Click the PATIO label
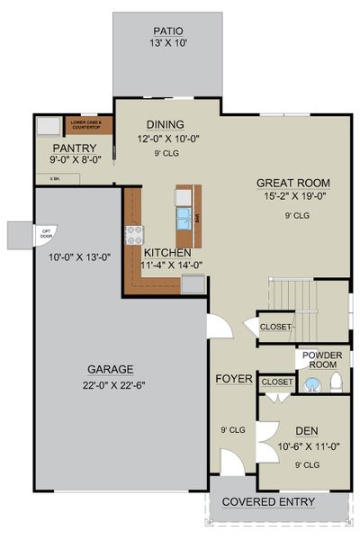click(166, 30)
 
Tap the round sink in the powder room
click(312, 385)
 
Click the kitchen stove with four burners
click(135, 236)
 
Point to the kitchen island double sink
click(184, 217)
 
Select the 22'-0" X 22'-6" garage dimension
click(111, 387)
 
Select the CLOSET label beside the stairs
click(275, 327)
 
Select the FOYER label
click(233, 379)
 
